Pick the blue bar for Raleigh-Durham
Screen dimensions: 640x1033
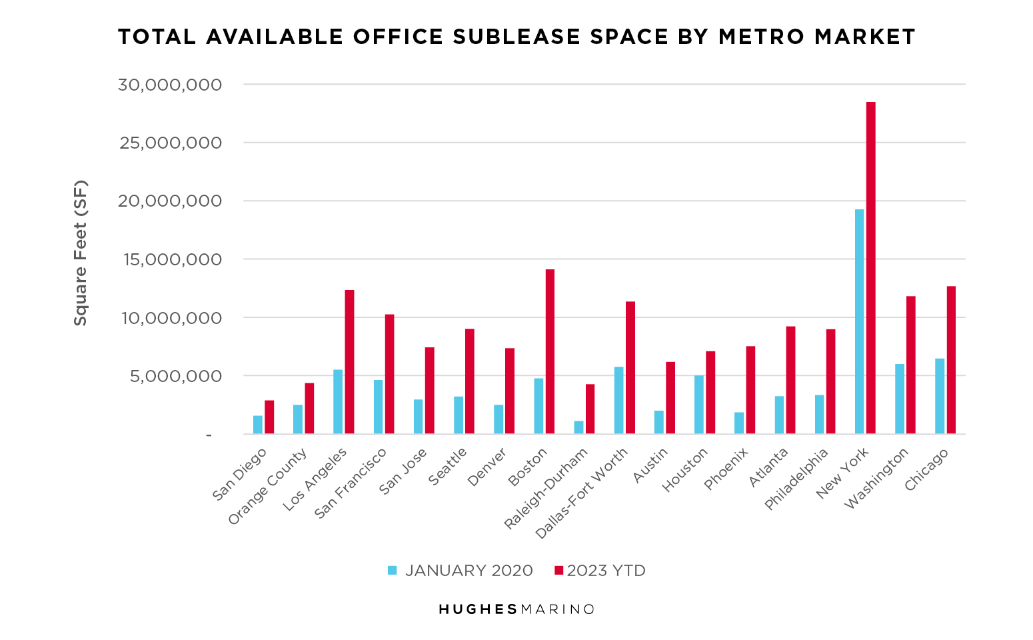tap(578, 427)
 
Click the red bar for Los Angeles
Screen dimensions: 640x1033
tap(349, 361)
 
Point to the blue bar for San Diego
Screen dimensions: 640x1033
tap(257, 425)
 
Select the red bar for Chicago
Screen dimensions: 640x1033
tap(951, 360)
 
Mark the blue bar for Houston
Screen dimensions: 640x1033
tap(698, 405)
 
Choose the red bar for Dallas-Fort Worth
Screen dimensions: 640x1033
tap(630, 367)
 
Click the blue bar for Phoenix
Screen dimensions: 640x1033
tap(739, 423)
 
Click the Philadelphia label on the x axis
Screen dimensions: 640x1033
tap(796, 480)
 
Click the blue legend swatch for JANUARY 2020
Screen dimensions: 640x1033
tap(393, 571)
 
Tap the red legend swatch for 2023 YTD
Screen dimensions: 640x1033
tap(559, 571)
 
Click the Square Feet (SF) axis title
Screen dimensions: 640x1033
tap(80, 253)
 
